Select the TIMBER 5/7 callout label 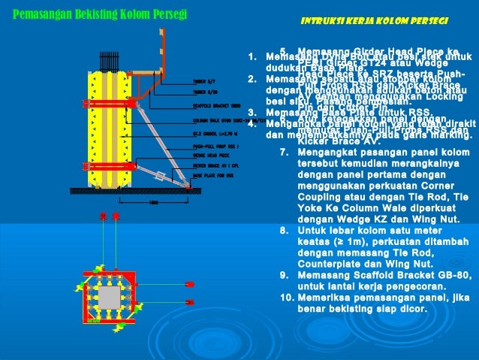pos(203,80)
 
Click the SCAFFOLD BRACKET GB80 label pos(216,106)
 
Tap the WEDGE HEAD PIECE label pos(209,155)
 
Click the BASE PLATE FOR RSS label pos(212,174)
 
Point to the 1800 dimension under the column pos(153,201)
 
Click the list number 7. pos(284,153)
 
